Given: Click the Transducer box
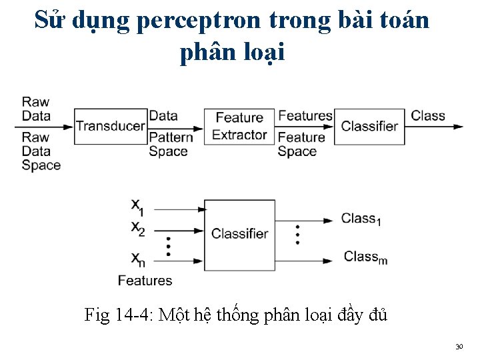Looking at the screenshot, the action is coord(110,126).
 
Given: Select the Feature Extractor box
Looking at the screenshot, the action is coord(239,126).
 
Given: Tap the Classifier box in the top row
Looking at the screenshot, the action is coord(369,126).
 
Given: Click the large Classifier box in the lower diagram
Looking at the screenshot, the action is coord(239,234).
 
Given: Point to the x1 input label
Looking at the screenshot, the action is coord(137,206).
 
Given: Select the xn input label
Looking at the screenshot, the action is coord(137,259).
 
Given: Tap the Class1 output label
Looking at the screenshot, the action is coord(361,219).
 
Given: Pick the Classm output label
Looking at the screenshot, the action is coord(365,257).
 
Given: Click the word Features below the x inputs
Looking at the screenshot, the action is coord(145,281).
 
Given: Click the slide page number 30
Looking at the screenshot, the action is coord(459,347).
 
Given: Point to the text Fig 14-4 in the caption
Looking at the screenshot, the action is coord(119,314).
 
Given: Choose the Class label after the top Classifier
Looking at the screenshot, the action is coord(427,115).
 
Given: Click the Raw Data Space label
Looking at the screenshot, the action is coord(41,151).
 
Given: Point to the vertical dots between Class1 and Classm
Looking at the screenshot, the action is coord(297,234).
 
